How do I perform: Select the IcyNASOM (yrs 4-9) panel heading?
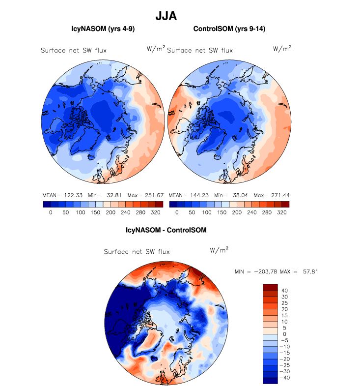(103, 29)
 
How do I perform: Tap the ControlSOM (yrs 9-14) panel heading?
(229, 29)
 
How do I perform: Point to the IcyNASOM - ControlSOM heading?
(166, 230)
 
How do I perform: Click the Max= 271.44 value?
(270, 195)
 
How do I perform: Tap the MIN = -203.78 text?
(256, 271)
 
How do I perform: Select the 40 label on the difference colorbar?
(284, 291)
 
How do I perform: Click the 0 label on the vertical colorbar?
(284, 334)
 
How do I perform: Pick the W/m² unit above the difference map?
(219, 250)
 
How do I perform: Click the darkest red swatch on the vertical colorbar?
(271, 287)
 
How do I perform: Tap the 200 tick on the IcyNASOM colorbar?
(97, 213)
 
